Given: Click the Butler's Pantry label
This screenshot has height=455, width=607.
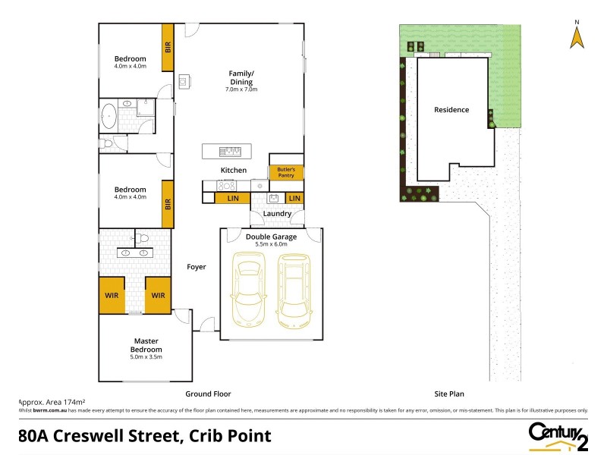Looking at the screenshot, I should (x=285, y=172).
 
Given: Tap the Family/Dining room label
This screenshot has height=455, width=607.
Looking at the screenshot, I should (x=241, y=77).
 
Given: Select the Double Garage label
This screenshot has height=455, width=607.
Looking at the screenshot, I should (x=271, y=237).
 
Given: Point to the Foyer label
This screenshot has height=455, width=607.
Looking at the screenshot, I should (x=197, y=267).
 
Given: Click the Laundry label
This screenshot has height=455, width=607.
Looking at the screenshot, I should (x=277, y=214).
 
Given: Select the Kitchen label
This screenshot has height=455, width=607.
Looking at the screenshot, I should (x=234, y=170).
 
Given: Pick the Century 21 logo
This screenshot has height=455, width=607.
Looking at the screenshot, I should (x=558, y=435).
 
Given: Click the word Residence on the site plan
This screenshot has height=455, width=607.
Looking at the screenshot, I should (x=451, y=110).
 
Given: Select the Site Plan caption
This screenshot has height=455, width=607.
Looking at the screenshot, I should (x=448, y=394).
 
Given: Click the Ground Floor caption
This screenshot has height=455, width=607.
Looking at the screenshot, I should (x=208, y=394).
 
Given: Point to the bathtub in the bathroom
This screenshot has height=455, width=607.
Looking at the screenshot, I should (x=109, y=116).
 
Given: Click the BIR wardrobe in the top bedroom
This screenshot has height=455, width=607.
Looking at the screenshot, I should (x=168, y=46).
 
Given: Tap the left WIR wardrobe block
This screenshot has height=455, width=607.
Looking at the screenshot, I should (x=112, y=295).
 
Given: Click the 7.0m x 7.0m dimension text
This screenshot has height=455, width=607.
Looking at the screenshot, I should (x=241, y=89).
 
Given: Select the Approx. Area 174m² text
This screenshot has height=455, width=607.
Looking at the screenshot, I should (x=50, y=401).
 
